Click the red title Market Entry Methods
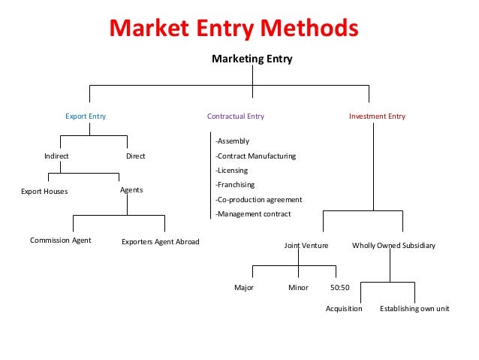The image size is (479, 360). (x=234, y=29)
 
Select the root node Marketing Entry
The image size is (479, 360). (x=252, y=59)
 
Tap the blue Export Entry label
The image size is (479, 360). (x=86, y=116)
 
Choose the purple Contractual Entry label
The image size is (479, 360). (x=236, y=116)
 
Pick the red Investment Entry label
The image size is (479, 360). (x=377, y=116)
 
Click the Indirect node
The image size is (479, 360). (x=56, y=156)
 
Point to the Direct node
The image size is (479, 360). (x=136, y=156)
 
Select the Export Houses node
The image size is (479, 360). (x=44, y=192)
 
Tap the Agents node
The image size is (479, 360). (x=131, y=191)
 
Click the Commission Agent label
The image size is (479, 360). (x=61, y=241)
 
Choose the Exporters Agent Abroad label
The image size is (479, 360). (x=161, y=242)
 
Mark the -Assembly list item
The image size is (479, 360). (x=232, y=141)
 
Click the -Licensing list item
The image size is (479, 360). (x=232, y=171)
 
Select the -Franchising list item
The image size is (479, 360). (x=235, y=185)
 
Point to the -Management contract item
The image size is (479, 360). (x=253, y=214)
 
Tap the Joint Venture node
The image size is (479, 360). (x=306, y=246)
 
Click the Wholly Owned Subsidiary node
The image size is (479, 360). (x=393, y=246)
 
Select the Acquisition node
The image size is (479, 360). (x=344, y=309)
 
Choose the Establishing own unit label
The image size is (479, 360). (x=414, y=309)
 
